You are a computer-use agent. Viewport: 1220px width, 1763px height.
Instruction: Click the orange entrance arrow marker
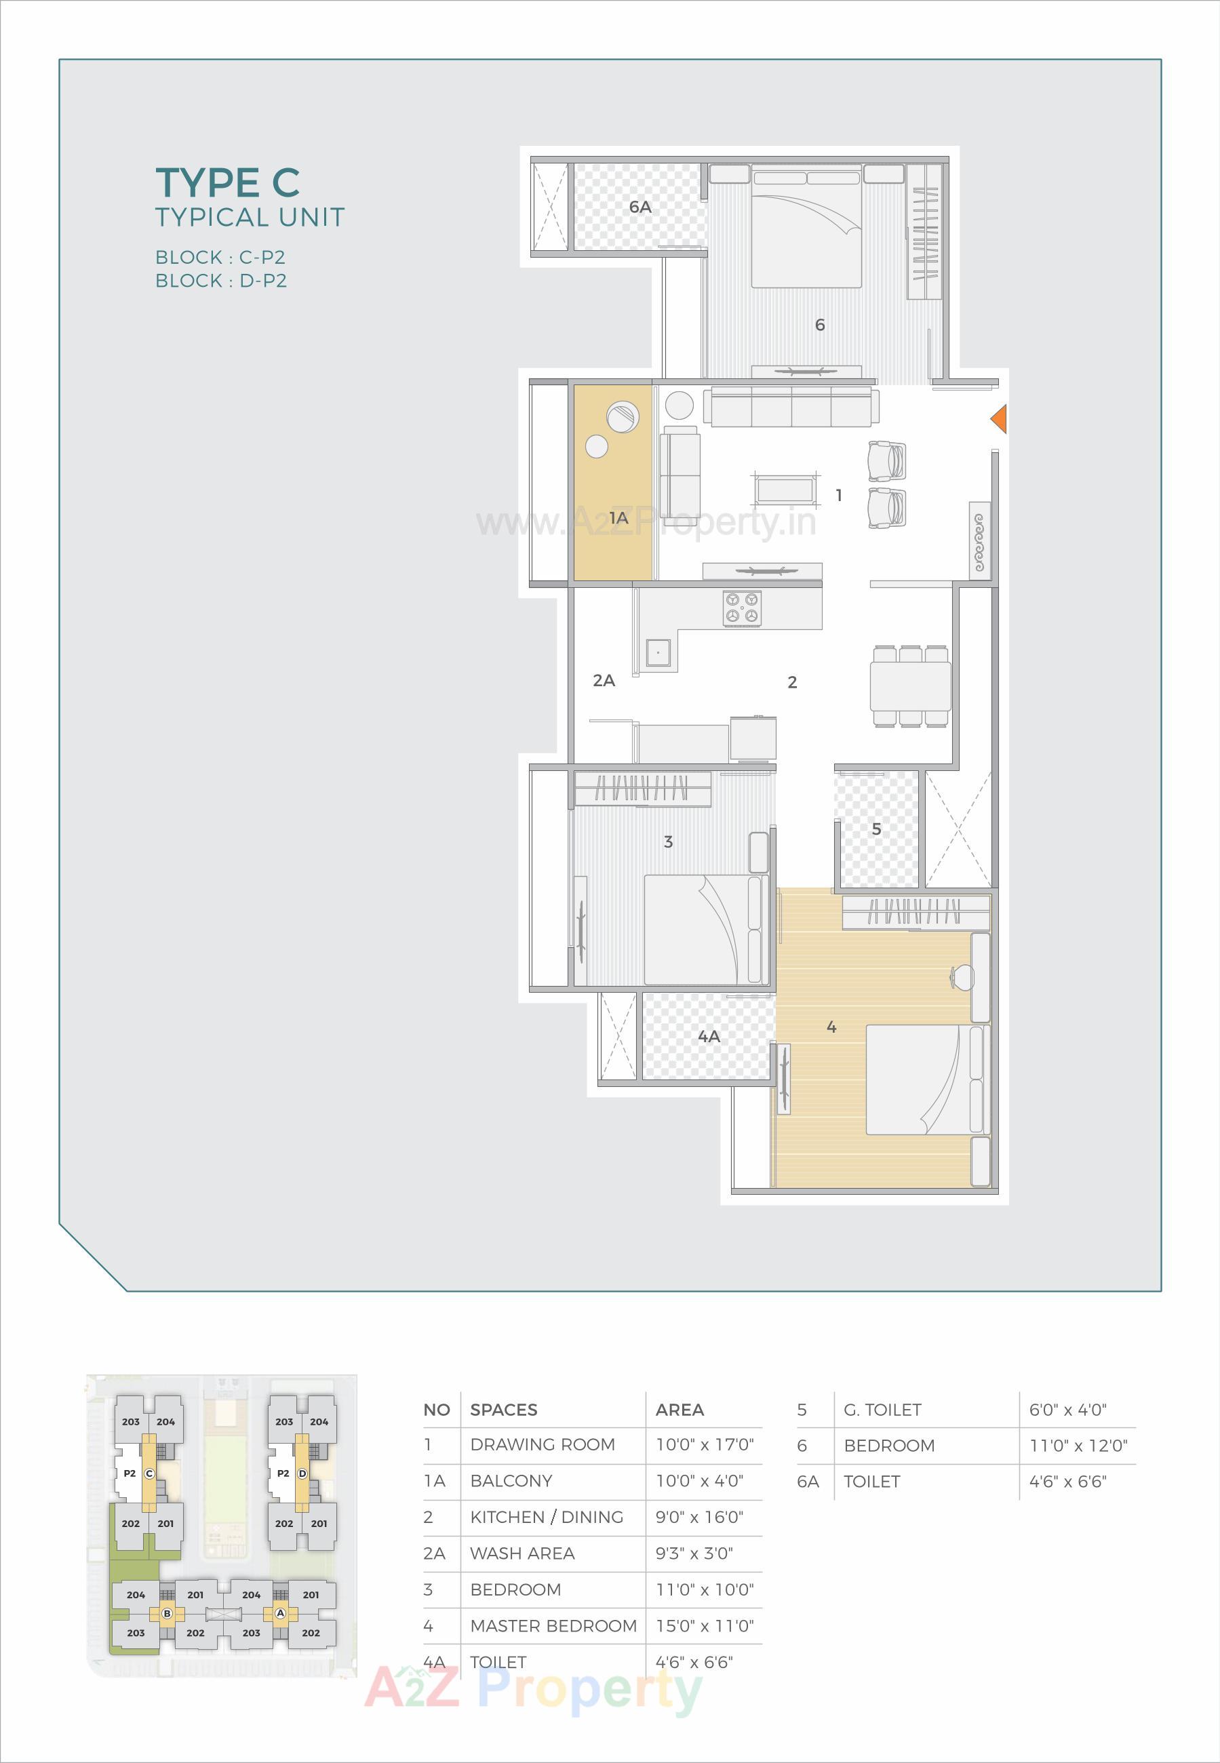pyautogui.click(x=999, y=419)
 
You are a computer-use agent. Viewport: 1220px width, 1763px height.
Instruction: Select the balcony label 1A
pyautogui.click(x=618, y=518)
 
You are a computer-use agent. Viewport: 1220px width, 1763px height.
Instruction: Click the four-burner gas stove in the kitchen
pyautogui.click(x=741, y=608)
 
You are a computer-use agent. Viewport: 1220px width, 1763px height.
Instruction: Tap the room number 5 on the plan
pyautogui.click(x=876, y=829)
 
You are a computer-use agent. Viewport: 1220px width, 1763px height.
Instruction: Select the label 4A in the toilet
pyautogui.click(x=709, y=1036)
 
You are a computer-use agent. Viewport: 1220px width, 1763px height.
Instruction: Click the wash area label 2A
pyautogui.click(x=603, y=680)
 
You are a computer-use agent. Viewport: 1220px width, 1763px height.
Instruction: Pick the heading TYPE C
pyautogui.click(x=227, y=182)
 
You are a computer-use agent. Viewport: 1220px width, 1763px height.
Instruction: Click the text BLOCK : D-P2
pyautogui.click(x=221, y=281)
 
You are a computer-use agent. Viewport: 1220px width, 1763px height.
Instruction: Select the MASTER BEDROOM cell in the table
pyautogui.click(x=553, y=1625)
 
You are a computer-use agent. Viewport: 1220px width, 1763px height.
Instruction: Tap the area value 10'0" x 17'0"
pyautogui.click(x=704, y=1444)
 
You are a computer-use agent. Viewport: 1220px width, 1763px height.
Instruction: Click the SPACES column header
pyautogui.click(x=503, y=1410)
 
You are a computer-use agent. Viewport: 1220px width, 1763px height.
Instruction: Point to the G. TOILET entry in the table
pyautogui.click(x=882, y=1410)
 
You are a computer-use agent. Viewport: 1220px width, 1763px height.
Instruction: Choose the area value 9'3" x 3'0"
pyautogui.click(x=693, y=1553)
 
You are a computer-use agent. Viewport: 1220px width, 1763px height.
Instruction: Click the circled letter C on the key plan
pyautogui.click(x=149, y=1473)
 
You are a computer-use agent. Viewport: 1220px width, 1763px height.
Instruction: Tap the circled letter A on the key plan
pyautogui.click(x=280, y=1613)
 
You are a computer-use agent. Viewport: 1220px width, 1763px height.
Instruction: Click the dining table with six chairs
pyautogui.click(x=909, y=686)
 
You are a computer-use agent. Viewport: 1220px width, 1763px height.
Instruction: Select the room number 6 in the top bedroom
pyautogui.click(x=819, y=325)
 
